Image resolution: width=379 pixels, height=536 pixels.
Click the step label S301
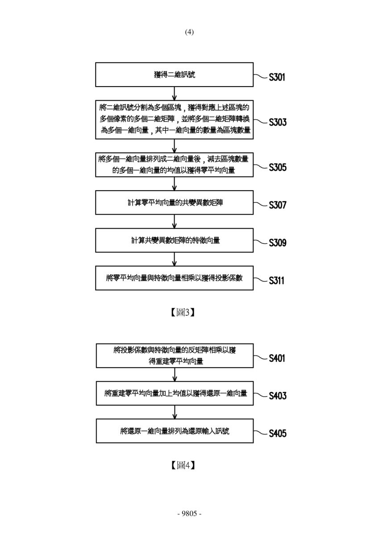277,77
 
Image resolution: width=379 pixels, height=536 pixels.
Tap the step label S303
278,122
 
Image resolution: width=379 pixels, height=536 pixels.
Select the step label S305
278,167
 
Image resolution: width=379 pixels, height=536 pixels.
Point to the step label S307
277,205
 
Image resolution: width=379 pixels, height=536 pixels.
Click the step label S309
278,243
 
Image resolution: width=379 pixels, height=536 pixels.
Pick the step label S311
277,281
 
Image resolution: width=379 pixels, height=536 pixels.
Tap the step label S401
277,358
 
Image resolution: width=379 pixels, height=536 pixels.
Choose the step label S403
278,396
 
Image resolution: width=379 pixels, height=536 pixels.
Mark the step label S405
278,433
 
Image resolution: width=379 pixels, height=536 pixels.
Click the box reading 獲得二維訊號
174,75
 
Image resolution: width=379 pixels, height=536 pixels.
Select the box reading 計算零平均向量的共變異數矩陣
174,202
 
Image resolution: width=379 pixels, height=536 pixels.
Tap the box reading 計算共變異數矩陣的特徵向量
174,240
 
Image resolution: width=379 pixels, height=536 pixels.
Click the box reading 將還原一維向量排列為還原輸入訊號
175,431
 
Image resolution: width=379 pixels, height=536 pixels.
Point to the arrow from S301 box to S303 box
174,93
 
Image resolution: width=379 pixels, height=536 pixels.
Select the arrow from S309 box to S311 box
174,259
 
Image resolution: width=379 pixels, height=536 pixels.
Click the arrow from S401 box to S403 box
175,374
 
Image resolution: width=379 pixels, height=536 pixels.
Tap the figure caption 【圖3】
183,312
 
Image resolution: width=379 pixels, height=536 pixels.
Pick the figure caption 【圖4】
183,465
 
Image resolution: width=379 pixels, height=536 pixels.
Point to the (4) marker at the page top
189,32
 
